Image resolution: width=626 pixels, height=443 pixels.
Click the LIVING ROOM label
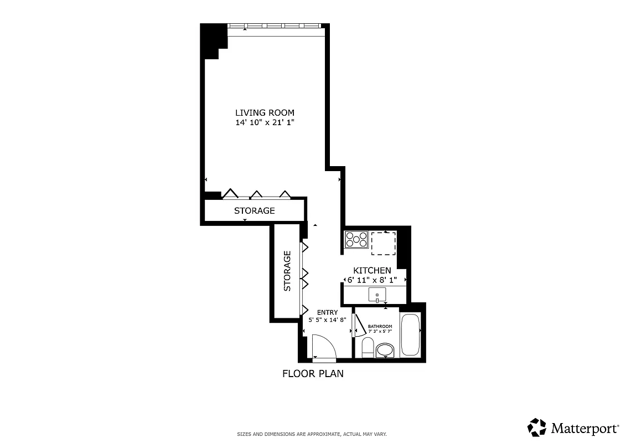pos(265,112)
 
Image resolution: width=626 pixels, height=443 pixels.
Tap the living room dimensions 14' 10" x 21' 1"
pos(265,123)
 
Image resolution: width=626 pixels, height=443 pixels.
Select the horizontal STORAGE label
pos(254,210)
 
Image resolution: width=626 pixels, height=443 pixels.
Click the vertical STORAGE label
pos(287,271)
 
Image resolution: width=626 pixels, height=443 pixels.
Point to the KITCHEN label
pos(372,270)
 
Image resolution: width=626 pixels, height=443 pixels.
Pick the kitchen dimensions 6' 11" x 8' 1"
pos(372,280)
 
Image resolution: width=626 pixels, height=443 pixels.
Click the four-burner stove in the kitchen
pos(356,239)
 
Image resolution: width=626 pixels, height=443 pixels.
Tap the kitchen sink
pos(377,295)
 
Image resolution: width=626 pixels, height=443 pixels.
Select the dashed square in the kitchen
pos(383,244)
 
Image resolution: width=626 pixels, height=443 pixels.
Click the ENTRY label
pos(327,312)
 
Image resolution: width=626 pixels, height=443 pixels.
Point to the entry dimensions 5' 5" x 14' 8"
pos(327,320)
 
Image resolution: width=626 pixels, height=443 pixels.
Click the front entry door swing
pos(323,348)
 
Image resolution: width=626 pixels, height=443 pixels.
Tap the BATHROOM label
pos(380,326)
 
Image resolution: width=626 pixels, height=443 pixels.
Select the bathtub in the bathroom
pos(410,334)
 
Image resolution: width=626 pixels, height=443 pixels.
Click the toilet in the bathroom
pos(367,348)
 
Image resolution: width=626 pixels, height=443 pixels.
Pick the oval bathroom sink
pos(385,350)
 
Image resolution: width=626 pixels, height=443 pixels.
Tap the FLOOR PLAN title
pos(313,373)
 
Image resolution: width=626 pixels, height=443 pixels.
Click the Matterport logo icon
pos(537,427)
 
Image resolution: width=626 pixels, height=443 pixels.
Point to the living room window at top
pos(275,26)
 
